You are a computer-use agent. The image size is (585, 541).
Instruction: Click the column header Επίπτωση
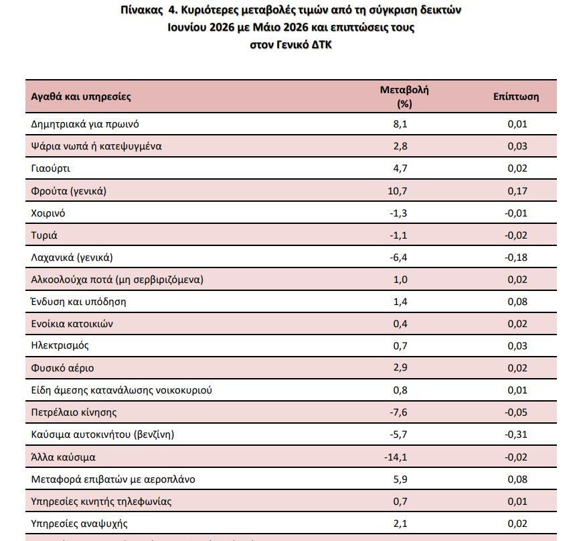click(516, 97)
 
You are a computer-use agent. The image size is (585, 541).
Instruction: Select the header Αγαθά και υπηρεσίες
click(81, 97)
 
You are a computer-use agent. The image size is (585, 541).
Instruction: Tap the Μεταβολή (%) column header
click(404, 97)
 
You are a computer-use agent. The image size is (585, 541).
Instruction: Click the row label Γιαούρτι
click(50, 168)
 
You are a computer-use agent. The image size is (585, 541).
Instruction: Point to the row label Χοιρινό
click(48, 213)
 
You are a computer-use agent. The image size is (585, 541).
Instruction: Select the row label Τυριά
click(44, 235)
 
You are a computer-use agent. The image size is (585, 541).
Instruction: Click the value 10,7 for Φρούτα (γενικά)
click(398, 191)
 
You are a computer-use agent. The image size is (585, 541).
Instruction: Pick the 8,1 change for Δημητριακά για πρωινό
click(400, 124)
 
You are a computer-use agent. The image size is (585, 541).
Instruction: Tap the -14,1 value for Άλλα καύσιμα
click(396, 457)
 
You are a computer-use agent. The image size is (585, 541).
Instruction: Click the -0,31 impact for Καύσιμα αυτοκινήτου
click(516, 434)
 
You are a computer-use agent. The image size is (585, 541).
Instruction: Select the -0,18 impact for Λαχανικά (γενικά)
click(516, 257)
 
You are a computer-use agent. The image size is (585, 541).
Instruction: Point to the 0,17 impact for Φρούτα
click(517, 191)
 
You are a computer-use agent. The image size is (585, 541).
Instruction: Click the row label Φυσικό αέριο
click(62, 368)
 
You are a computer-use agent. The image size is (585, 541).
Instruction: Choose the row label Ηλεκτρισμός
click(60, 346)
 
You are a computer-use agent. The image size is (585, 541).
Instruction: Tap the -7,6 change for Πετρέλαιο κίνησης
click(398, 412)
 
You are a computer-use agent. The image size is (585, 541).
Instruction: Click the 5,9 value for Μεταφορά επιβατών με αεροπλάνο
click(400, 479)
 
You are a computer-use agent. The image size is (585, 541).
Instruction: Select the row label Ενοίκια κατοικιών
click(72, 324)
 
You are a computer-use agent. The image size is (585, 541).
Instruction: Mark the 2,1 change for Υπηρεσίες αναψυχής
click(400, 524)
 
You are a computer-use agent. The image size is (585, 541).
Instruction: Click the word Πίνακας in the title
click(142, 10)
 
